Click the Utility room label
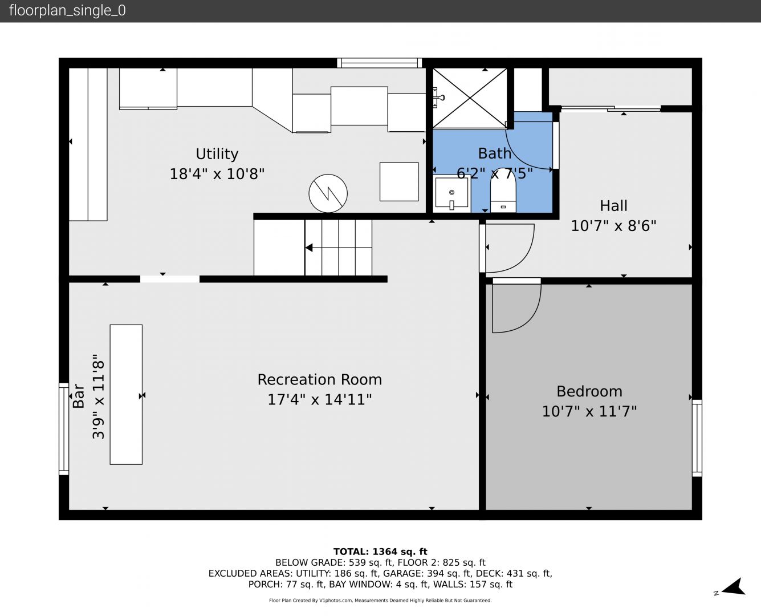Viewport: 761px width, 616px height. [x=217, y=154]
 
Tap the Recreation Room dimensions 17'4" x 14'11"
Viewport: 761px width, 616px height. [x=319, y=399]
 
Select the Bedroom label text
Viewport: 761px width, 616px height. [x=589, y=391]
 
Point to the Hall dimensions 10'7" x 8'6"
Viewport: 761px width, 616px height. [x=613, y=226]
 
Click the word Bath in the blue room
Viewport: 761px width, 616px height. [x=494, y=154]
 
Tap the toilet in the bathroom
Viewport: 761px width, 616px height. [x=503, y=190]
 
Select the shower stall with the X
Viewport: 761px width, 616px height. [x=470, y=98]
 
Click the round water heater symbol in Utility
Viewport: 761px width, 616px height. [x=328, y=193]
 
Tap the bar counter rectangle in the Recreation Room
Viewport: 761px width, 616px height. [x=126, y=395]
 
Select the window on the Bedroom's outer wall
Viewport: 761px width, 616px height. [x=697, y=438]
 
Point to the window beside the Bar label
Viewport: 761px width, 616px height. [x=64, y=429]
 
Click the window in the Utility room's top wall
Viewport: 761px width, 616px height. [x=380, y=63]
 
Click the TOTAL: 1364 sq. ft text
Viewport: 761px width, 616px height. [x=380, y=552]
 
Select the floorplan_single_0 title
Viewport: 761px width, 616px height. [x=67, y=11]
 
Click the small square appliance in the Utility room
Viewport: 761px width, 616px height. [x=399, y=181]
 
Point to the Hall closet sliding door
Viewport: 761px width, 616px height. [x=611, y=108]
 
